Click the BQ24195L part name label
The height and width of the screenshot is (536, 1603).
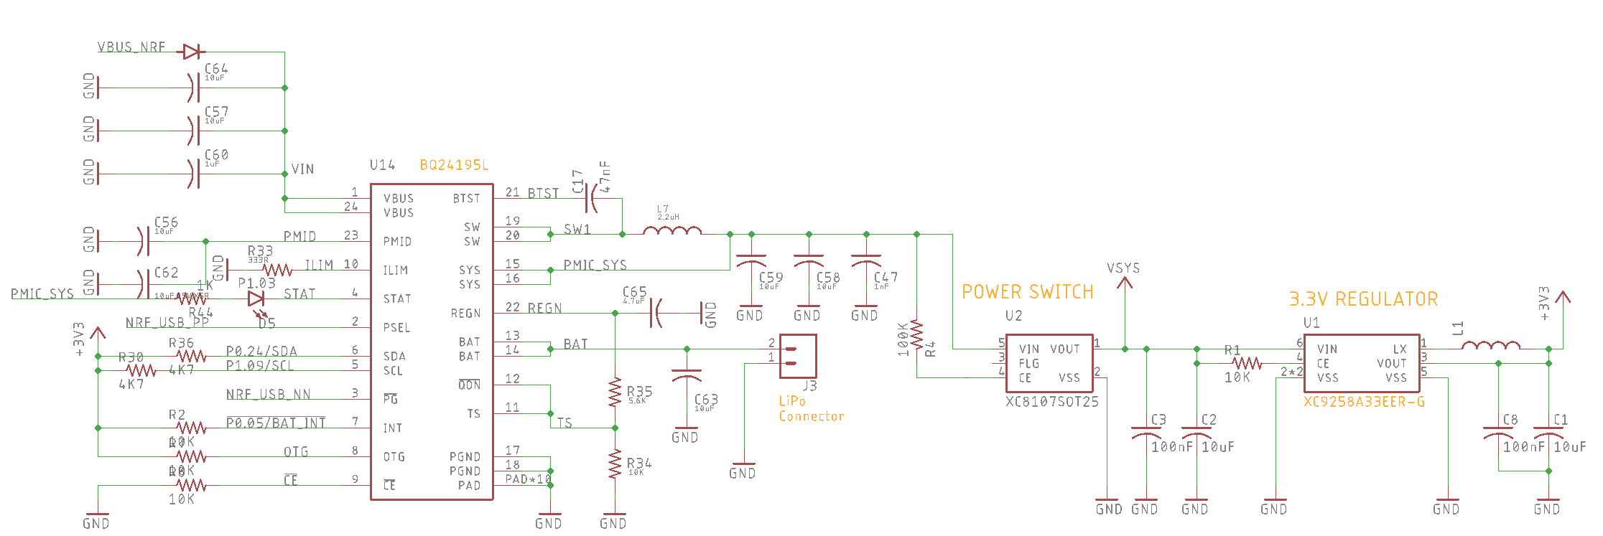[453, 165]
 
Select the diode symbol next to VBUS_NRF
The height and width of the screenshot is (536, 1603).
[192, 52]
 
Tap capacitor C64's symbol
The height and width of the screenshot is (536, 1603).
[192, 88]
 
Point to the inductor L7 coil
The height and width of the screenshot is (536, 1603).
[672, 231]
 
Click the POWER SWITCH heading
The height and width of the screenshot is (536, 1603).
[1027, 292]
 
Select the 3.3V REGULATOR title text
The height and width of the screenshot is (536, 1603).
[1363, 299]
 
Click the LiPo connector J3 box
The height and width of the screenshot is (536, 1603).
[798, 356]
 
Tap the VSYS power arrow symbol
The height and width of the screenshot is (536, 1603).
[1125, 283]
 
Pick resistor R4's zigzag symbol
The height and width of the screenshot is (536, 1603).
[916, 334]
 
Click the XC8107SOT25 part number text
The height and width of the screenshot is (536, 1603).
[1052, 402]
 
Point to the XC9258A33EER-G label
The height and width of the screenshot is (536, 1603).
[1364, 402]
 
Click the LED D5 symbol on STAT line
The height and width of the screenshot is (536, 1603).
[256, 299]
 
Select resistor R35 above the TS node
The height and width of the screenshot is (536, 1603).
[615, 392]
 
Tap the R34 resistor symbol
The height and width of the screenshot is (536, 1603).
[615, 464]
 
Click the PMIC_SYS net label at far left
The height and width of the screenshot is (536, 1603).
[42, 294]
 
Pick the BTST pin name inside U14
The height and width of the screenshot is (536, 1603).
[466, 199]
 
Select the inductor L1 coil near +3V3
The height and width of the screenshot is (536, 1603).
[1490, 345]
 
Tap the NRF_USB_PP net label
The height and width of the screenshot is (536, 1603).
[167, 323]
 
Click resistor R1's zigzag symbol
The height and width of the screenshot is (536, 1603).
[1247, 363]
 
